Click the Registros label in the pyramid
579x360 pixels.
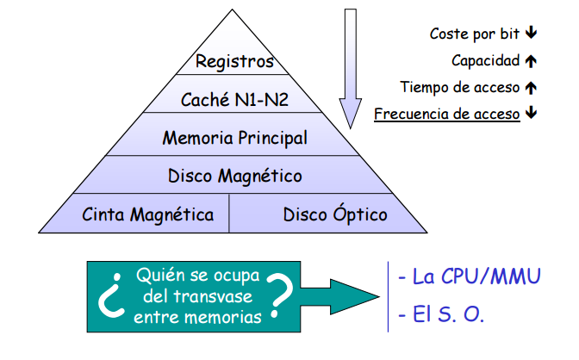click(x=234, y=61)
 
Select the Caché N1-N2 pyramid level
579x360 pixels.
click(x=234, y=100)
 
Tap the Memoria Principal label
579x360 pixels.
click(x=234, y=137)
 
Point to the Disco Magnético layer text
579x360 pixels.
click(x=234, y=176)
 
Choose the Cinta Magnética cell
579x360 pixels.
click(x=147, y=214)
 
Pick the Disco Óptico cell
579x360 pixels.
click(x=335, y=214)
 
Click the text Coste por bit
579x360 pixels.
click(x=475, y=34)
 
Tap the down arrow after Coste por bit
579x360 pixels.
click(x=531, y=34)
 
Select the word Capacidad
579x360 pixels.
click(x=485, y=60)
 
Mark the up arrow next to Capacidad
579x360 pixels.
click(x=531, y=60)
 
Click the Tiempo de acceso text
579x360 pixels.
click(x=459, y=87)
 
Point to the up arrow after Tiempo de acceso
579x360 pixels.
click(x=531, y=87)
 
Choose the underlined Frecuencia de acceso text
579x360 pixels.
click(x=446, y=114)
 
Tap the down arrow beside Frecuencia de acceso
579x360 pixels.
click(x=531, y=114)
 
